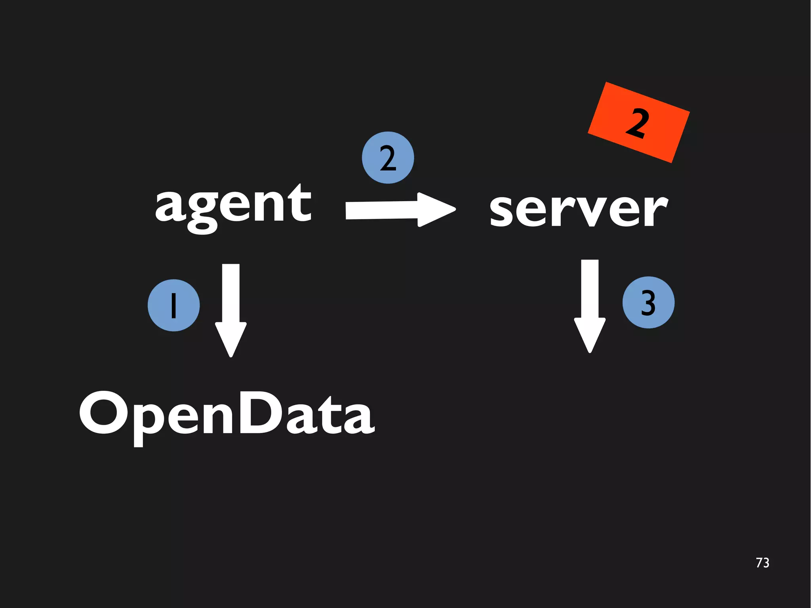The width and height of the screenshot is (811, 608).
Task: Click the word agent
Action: point(234,206)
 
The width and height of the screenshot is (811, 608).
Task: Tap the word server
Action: point(578,210)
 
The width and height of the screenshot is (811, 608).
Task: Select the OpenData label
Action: point(227,414)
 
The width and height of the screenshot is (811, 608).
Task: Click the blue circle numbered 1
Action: point(173,305)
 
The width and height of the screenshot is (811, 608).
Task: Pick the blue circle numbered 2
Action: point(388,158)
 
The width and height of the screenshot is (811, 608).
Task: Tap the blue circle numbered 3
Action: point(648,303)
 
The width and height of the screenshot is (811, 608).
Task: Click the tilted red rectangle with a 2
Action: point(638,123)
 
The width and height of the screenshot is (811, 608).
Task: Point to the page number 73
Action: point(762,563)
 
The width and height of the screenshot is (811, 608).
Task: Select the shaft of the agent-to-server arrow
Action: point(380,210)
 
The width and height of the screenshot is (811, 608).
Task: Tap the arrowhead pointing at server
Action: point(436,210)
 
